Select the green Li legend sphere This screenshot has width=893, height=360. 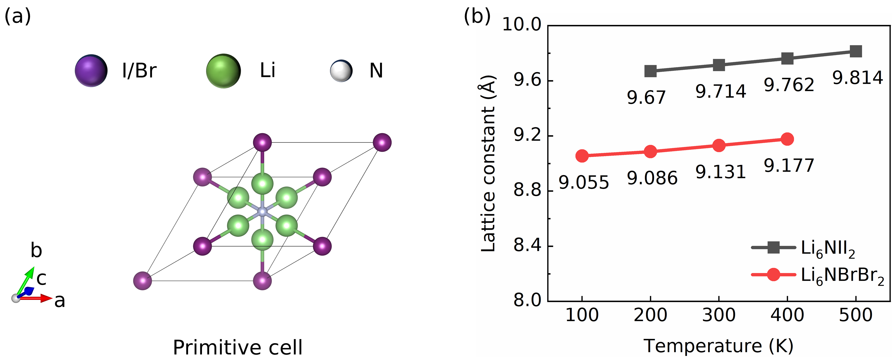[223, 71]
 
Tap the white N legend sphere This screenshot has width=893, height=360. [341, 71]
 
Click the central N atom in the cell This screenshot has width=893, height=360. [262, 211]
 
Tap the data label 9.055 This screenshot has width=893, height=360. [584, 182]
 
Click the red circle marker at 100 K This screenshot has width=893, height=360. [582, 156]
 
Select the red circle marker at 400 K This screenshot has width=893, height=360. [787, 139]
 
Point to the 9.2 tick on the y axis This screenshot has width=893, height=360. [527, 136]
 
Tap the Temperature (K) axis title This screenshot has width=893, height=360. [718, 346]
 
